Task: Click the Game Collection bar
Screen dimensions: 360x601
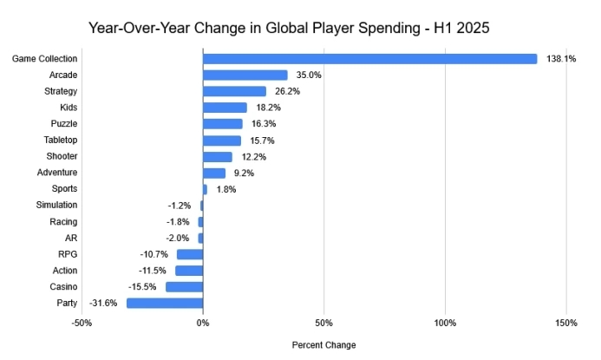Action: (x=370, y=59)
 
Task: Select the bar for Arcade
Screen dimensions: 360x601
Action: (x=245, y=75)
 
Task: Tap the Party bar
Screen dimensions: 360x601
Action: (x=165, y=303)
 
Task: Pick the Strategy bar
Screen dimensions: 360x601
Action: (x=234, y=91)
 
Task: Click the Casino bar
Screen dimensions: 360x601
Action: (x=184, y=286)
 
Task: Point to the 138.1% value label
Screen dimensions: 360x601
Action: (x=561, y=59)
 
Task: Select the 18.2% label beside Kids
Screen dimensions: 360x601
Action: (x=268, y=108)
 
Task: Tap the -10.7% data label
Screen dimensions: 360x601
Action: (x=154, y=254)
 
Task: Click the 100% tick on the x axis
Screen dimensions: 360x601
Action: (x=445, y=324)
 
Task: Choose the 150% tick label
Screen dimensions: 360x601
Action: (x=566, y=324)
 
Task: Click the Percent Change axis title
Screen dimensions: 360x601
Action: (x=323, y=344)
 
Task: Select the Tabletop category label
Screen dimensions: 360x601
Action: (x=61, y=140)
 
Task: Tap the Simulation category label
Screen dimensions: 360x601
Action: (x=56, y=205)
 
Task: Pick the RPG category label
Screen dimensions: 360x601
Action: (x=67, y=254)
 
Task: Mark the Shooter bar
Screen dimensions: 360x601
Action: (x=218, y=156)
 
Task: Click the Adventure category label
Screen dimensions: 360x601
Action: (x=57, y=173)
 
